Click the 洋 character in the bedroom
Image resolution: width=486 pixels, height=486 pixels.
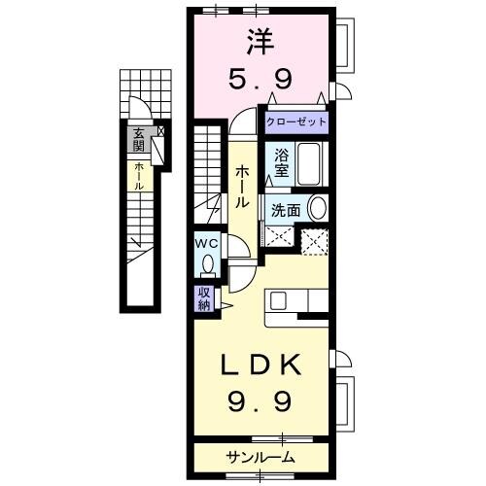coord(260,42)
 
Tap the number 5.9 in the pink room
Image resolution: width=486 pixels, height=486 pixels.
coord(260,80)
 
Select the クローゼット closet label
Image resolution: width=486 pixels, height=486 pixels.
coord(296,122)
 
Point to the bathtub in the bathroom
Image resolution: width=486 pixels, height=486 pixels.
coord(309,164)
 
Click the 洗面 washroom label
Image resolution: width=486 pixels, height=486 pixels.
coord(286,211)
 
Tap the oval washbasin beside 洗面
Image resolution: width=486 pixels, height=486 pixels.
coord(318,208)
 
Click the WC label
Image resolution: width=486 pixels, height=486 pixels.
coord(207,244)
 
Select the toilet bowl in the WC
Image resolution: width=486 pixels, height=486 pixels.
coord(207,263)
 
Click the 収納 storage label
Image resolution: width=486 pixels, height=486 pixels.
coord(204,299)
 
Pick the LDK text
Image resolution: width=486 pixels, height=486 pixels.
coord(260,364)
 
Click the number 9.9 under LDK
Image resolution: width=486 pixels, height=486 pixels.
coord(260,400)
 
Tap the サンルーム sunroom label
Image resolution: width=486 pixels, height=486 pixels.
coord(260,457)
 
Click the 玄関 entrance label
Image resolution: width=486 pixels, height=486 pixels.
coord(139,140)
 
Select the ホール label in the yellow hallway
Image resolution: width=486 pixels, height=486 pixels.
coord(242,187)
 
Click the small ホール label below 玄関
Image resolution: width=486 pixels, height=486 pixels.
coord(139,176)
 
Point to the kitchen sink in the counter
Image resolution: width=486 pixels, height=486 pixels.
coord(278,300)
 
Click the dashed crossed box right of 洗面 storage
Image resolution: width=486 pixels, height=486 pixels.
coord(314,242)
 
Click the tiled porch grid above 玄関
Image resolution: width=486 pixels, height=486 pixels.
coord(146,94)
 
